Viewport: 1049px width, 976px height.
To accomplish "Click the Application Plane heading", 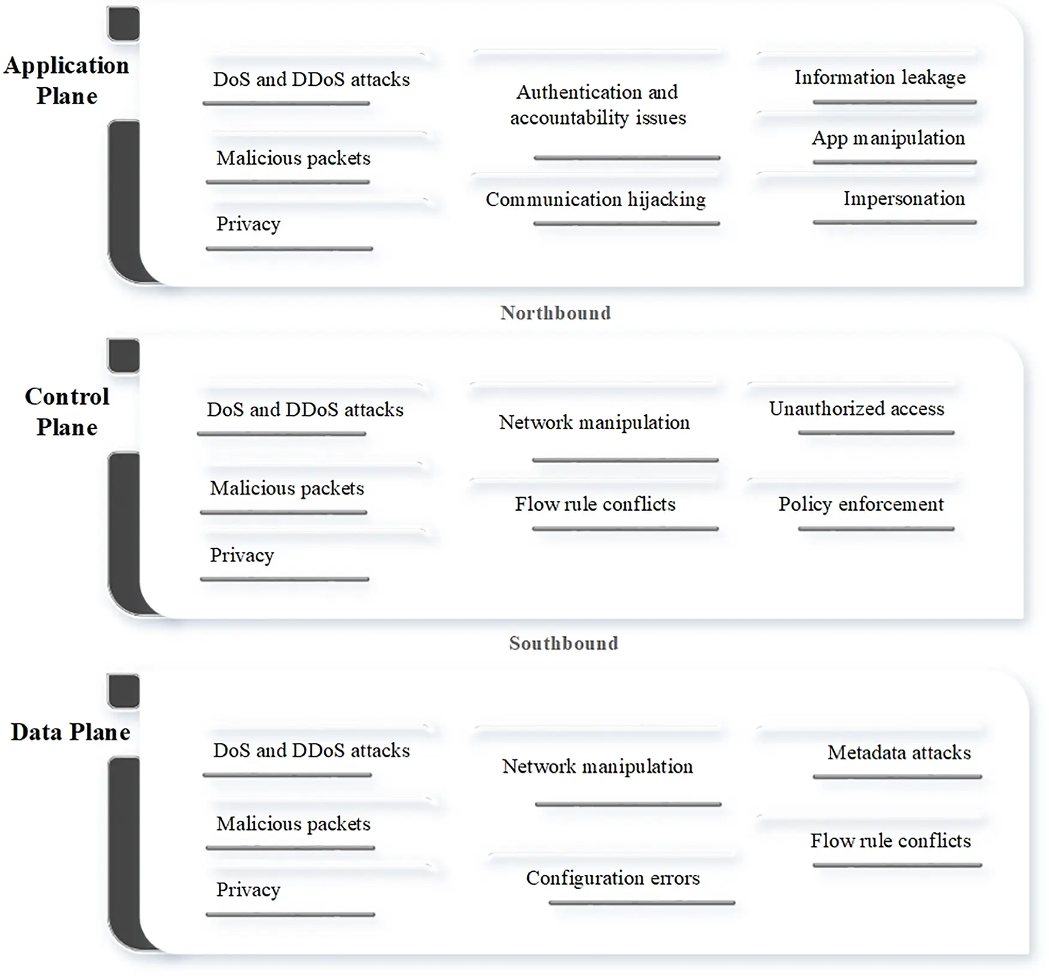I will pyautogui.click(x=67, y=80).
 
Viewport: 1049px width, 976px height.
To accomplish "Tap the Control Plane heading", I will pyautogui.click(x=67, y=412).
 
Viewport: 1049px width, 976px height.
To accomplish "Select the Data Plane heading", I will pyautogui.click(x=70, y=732).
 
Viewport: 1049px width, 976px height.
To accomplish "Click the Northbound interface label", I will pyautogui.click(x=556, y=313).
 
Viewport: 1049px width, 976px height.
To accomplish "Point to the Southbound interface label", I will pyautogui.click(x=563, y=643).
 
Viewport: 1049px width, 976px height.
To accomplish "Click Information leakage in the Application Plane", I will pyautogui.click(x=880, y=77).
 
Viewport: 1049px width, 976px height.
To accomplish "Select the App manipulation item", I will pyautogui.click(x=888, y=138).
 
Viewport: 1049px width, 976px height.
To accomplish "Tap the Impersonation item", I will pyautogui.click(x=904, y=198).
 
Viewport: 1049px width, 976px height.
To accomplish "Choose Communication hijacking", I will pyautogui.click(x=595, y=200).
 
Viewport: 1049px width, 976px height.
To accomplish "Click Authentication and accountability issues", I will pyautogui.click(x=598, y=105).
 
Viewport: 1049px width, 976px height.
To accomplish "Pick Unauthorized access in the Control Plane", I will pyautogui.click(x=857, y=409).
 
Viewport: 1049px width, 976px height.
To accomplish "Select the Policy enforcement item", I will pyautogui.click(x=861, y=504).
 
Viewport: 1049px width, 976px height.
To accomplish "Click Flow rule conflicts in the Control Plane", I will pyautogui.click(x=595, y=504).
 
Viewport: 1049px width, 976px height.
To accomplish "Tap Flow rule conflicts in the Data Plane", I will pyautogui.click(x=890, y=841).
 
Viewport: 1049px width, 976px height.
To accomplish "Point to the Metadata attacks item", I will pyautogui.click(x=899, y=753).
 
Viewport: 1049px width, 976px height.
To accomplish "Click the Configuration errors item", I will pyautogui.click(x=613, y=878).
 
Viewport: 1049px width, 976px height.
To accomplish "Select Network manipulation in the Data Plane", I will pyautogui.click(x=597, y=766).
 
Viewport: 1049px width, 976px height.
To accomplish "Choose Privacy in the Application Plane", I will pyautogui.click(x=248, y=224).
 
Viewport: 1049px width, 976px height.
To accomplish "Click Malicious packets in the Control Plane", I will pyautogui.click(x=287, y=488).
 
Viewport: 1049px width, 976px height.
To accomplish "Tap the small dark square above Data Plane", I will pyautogui.click(x=123, y=691).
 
